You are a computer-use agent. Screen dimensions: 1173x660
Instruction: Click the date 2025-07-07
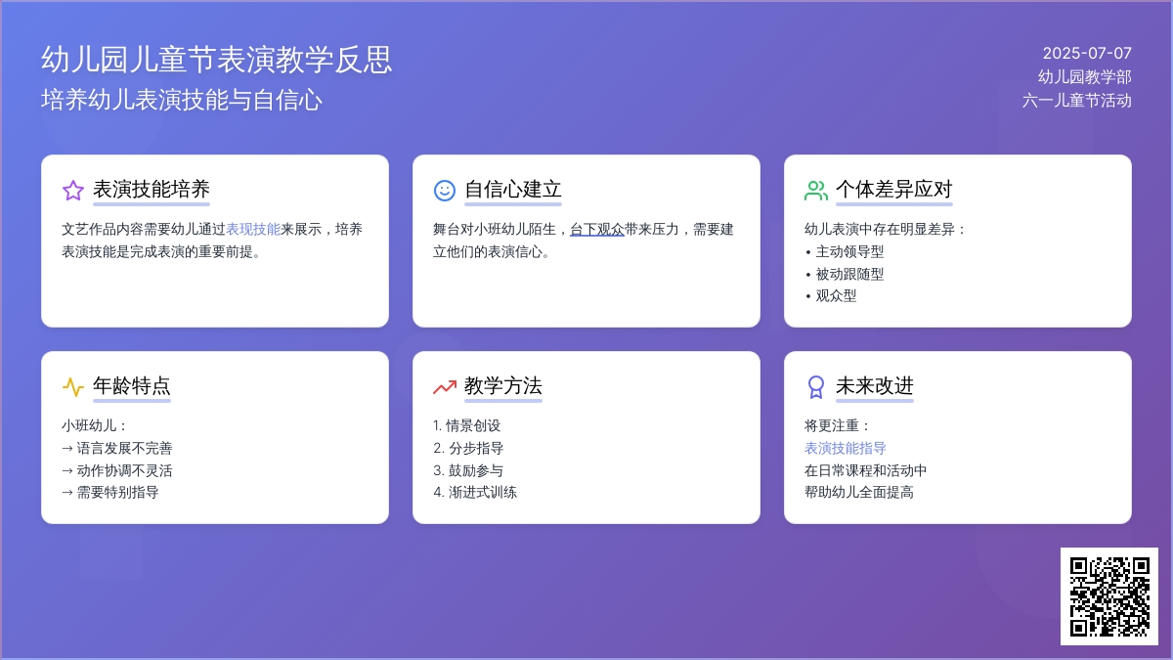[1087, 53]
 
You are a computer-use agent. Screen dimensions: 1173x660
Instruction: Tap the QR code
[1109, 596]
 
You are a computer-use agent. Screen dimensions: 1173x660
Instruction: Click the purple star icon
[73, 190]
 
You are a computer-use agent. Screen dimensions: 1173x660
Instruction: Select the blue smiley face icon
[445, 190]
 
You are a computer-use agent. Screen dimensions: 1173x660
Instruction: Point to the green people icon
[816, 190]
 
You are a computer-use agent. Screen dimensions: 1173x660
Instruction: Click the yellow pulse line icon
[73, 386]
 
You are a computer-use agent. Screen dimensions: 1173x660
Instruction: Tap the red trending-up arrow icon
[445, 387]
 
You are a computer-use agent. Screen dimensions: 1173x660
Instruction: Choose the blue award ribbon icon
[816, 387]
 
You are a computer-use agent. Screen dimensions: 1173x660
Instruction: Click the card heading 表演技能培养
[152, 189]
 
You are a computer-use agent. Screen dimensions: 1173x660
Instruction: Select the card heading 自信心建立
[513, 189]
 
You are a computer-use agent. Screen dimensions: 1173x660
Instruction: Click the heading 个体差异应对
[893, 189]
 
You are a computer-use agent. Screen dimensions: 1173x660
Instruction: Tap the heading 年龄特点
[132, 385]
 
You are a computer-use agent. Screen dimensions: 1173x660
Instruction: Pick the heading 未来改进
[875, 385]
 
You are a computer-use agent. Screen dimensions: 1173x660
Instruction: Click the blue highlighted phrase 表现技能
[253, 229]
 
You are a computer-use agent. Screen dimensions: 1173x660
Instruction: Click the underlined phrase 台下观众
[597, 229]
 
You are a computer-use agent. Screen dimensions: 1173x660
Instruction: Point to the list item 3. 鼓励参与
[468, 470]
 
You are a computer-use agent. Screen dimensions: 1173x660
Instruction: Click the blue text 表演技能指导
[846, 448]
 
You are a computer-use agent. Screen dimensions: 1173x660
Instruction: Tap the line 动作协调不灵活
[116, 470]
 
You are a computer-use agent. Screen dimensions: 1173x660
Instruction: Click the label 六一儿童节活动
[1076, 100]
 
